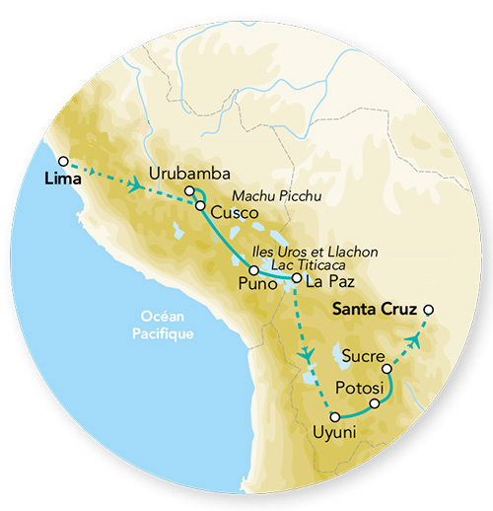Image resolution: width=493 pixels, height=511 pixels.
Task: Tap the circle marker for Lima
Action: (x=63, y=161)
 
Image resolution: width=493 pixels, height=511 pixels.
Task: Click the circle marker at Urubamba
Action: (x=188, y=191)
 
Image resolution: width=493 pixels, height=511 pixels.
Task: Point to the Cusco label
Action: (x=235, y=212)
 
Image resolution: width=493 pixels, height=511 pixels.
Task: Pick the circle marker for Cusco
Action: (x=200, y=207)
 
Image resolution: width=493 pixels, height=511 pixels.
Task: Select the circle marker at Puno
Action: (x=253, y=269)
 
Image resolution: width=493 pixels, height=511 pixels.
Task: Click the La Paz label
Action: (x=328, y=282)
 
